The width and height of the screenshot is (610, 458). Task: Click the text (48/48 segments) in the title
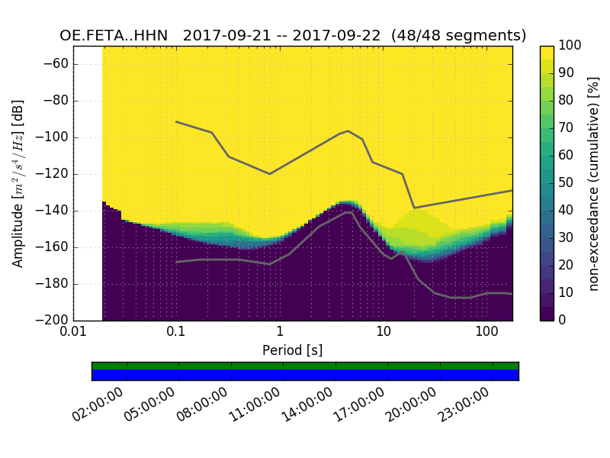tap(459, 36)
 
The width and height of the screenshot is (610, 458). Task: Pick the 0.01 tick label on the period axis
tap(74, 334)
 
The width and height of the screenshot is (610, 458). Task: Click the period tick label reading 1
tap(280, 334)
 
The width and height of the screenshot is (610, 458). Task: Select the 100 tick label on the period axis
tap(486, 334)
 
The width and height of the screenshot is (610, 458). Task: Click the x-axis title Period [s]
tap(293, 350)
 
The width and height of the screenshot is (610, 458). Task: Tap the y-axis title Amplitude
tap(18, 183)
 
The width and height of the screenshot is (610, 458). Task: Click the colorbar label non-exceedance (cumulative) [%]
tap(595, 183)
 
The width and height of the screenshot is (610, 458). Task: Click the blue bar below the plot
tap(305, 375)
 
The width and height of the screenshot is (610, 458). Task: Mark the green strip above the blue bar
tap(305, 366)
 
